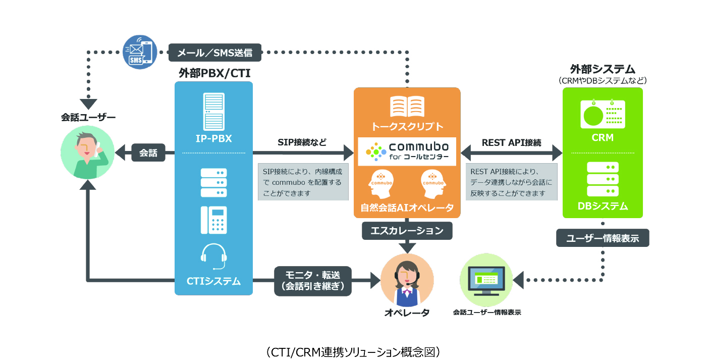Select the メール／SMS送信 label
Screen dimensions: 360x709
pyautogui.click(x=214, y=52)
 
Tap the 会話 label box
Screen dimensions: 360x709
pyautogui.click(x=148, y=153)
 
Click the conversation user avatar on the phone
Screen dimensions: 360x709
pyautogui.click(x=87, y=152)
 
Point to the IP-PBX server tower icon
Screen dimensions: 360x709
pyautogui.click(x=213, y=112)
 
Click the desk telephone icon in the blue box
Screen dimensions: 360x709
pyautogui.click(x=213, y=220)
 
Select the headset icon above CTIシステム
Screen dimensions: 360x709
pyautogui.click(x=213, y=256)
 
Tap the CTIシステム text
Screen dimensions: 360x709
pyautogui.click(x=213, y=281)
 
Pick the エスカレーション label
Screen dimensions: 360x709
pyautogui.click(x=407, y=231)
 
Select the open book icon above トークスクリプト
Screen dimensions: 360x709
pyautogui.click(x=407, y=107)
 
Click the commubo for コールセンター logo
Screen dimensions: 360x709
pyautogui.click(x=407, y=151)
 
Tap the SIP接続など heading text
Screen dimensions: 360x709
pyautogui.click(x=302, y=142)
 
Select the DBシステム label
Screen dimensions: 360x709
pyautogui.click(x=603, y=206)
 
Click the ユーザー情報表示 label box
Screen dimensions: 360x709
pyautogui.click(x=603, y=238)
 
